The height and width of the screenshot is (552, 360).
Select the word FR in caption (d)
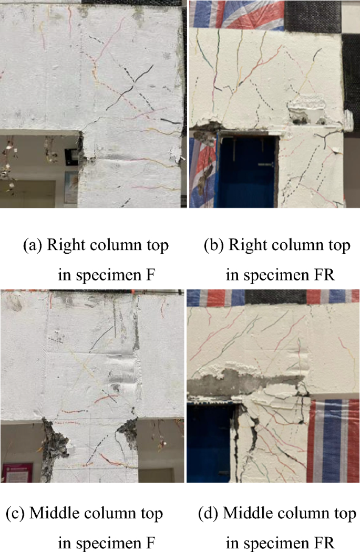point(322,541)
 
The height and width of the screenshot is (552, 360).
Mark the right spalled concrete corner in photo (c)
point(128,433)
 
